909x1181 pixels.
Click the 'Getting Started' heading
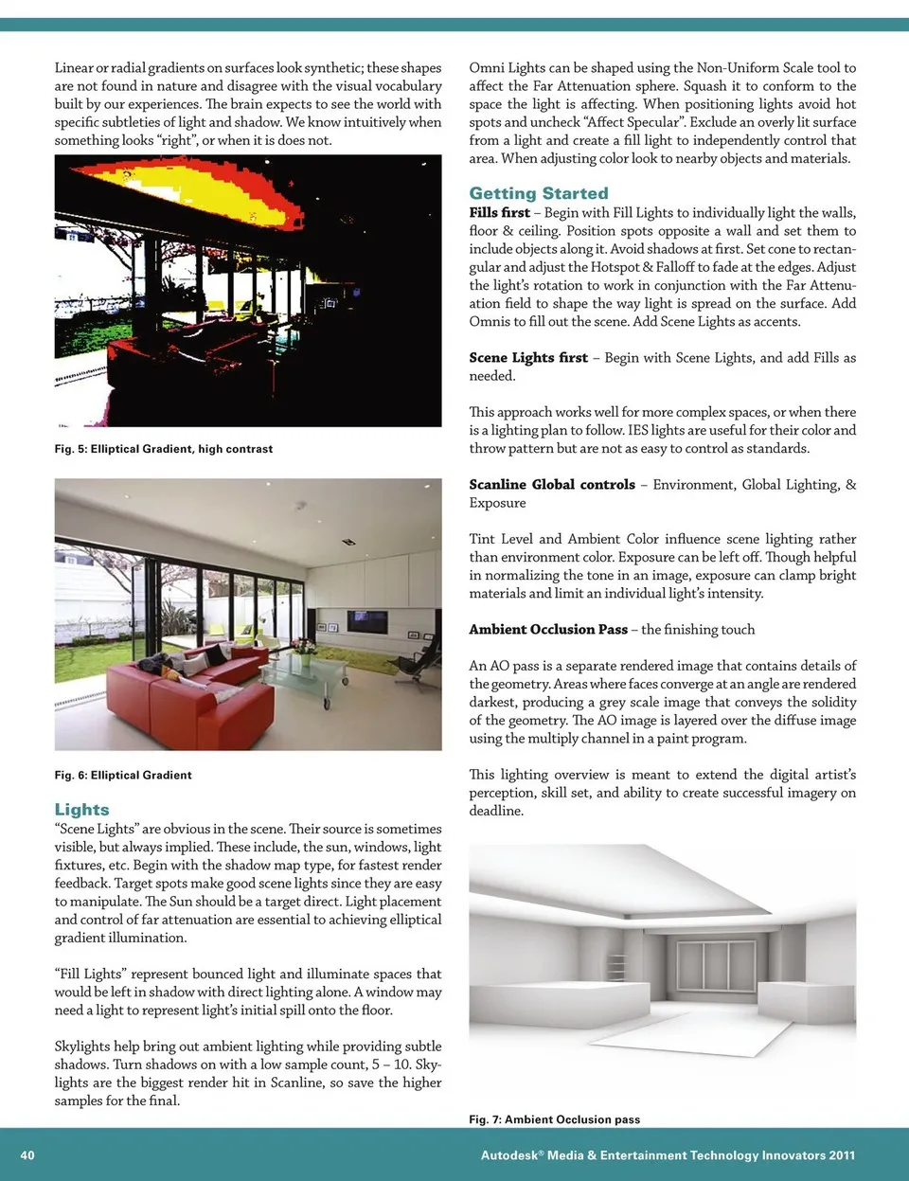click(539, 193)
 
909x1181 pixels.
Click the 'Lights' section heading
click(82, 810)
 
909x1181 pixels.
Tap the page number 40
click(27, 1155)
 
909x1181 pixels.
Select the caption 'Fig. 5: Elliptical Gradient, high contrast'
click(164, 449)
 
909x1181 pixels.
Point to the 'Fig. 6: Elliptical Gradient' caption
click(123, 775)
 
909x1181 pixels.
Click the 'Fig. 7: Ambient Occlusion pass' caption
click(554, 1119)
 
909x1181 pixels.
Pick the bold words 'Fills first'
click(499, 213)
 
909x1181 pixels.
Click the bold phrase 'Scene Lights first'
click(528, 358)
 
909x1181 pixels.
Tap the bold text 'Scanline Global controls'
click(552, 485)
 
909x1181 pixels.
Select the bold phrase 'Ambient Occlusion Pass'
click(548, 630)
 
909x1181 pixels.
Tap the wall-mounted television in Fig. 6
click(366, 621)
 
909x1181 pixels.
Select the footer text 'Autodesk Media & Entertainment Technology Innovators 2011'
click(668, 1155)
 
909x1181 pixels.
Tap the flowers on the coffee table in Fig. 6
click(304, 646)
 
